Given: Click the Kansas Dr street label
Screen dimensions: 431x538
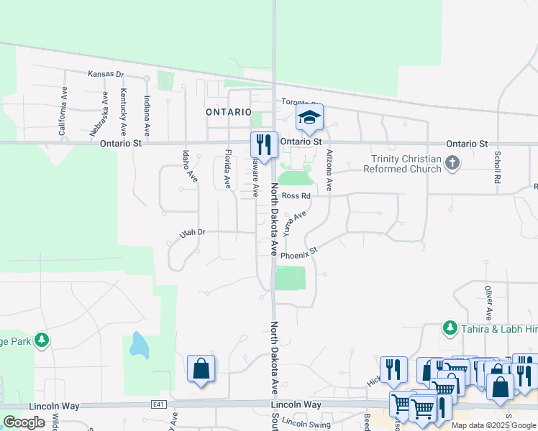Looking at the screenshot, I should [x=106, y=74].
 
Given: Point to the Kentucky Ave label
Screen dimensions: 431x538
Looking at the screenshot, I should [x=123, y=113].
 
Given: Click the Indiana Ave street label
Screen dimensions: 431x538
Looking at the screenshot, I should [x=146, y=116].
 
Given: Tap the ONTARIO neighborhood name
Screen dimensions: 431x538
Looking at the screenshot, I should [x=228, y=113].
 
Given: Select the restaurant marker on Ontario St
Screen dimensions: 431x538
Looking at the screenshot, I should [x=264, y=144].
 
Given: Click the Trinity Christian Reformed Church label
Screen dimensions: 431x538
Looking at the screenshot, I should [x=406, y=164].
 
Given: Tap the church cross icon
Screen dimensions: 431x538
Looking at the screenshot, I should [x=452, y=163].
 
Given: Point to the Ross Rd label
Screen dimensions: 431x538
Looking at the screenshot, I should [x=296, y=195].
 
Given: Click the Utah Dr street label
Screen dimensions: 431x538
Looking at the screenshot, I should [x=192, y=233].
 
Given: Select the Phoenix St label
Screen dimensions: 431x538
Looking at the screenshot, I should [x=298, y=254].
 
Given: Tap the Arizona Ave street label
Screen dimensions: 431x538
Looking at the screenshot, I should [x=329, y=170].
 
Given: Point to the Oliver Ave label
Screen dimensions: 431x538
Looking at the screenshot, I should [x=488, y=302].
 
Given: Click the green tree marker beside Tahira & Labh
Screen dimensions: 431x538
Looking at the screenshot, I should [x=450, y=328].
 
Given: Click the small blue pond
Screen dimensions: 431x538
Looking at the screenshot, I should [x=139, y=346].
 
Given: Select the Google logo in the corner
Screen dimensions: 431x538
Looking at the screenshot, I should [x=24, y=422].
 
